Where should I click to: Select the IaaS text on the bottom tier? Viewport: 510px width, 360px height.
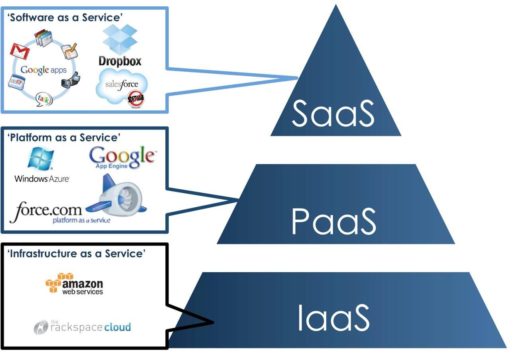(333, 318)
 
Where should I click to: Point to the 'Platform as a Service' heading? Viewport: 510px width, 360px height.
(64, 138)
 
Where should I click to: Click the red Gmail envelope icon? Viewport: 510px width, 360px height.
(20, 51)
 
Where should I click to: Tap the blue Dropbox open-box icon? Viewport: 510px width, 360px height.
(120, 39)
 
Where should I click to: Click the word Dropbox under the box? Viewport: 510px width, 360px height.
(120, 61)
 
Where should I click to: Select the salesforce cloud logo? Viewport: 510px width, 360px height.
(121, 84)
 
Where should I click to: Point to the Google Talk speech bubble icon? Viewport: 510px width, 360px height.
(44, 99)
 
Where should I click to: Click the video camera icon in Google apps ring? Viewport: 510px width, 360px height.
(71, 80)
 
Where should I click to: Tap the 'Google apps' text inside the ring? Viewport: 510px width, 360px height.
(43, 70)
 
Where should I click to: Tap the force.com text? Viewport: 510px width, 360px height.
(45, 210)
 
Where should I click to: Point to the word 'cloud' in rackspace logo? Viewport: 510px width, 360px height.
(118, 327)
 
